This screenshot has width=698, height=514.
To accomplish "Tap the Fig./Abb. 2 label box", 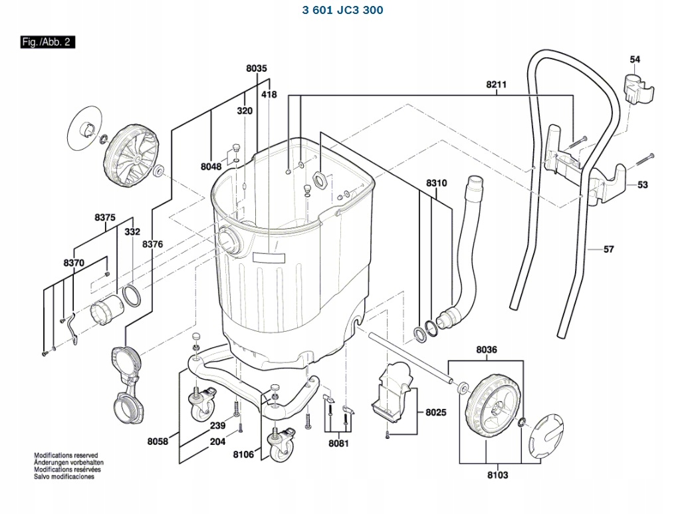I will (x=47, y=42).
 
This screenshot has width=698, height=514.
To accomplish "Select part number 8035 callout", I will (x=256, y=68).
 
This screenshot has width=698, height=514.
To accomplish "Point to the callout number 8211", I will (x=496, y=84).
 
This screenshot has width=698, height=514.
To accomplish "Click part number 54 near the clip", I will (x=635, y=60).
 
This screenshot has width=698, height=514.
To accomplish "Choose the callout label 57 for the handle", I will (x=608, y=249).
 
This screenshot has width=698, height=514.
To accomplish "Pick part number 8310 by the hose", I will (x=437, y=183).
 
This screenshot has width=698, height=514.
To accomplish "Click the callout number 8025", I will (x=436, y=412).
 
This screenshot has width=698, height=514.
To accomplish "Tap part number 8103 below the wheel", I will (x=497, y=475).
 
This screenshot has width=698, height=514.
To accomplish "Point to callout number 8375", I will (x=105, y=217).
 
